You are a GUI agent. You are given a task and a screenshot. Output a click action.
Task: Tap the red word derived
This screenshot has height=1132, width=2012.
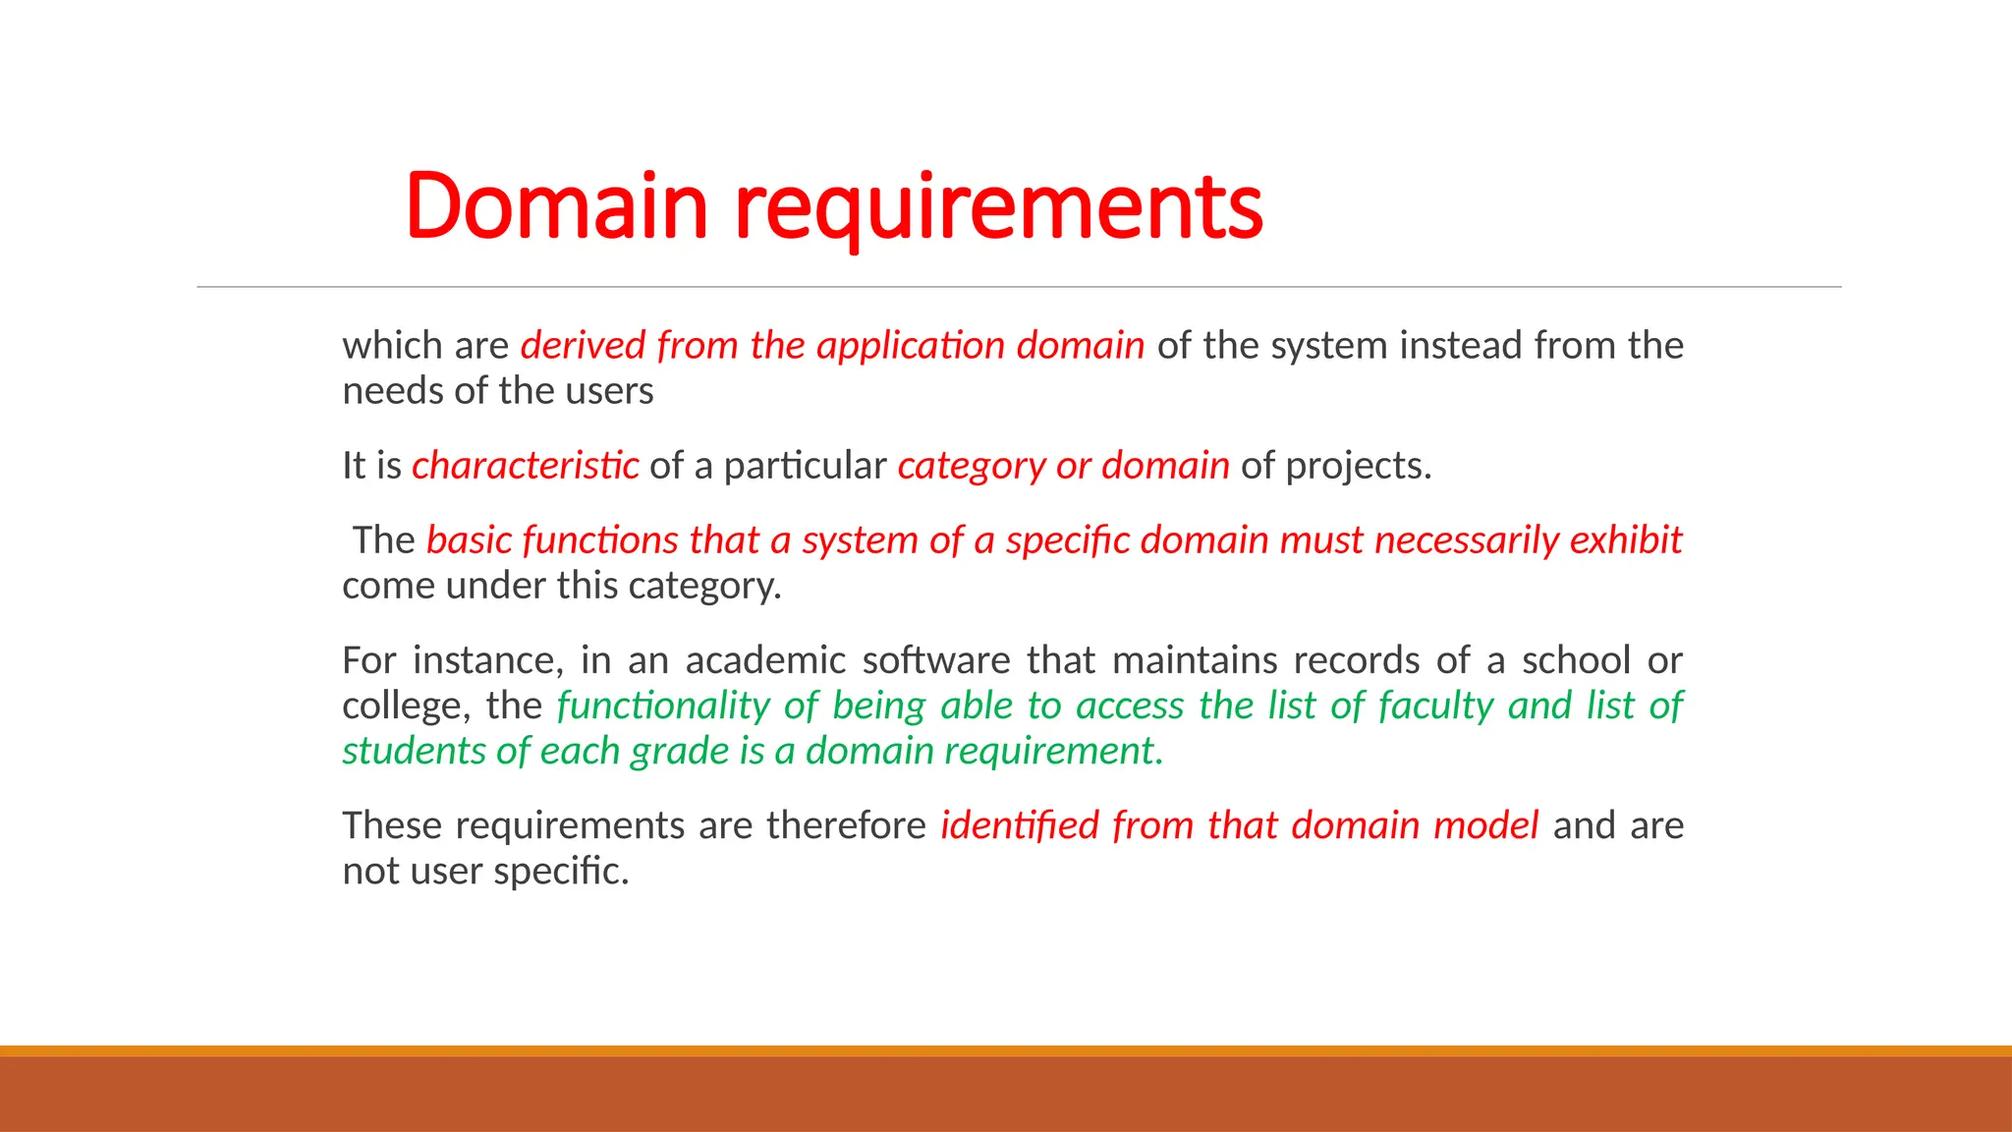coord(583,346)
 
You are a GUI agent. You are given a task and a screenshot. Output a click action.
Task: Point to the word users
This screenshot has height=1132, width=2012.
coord(616,391)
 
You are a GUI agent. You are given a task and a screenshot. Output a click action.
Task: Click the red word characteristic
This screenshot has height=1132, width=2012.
coord(525,466)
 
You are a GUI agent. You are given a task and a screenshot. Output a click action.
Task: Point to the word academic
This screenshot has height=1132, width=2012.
coord(765,660)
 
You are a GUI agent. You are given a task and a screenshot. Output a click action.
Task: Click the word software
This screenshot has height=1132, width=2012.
coord(936,660)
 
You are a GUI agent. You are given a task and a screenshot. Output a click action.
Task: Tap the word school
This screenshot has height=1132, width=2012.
coord(1576,660)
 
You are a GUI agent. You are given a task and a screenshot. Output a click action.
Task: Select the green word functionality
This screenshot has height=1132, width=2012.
coord(663,706)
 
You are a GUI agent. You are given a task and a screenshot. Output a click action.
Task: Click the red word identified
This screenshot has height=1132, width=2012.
coord(1019,825)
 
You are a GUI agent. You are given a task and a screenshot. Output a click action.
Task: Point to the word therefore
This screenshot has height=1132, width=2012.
coord(846,825)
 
